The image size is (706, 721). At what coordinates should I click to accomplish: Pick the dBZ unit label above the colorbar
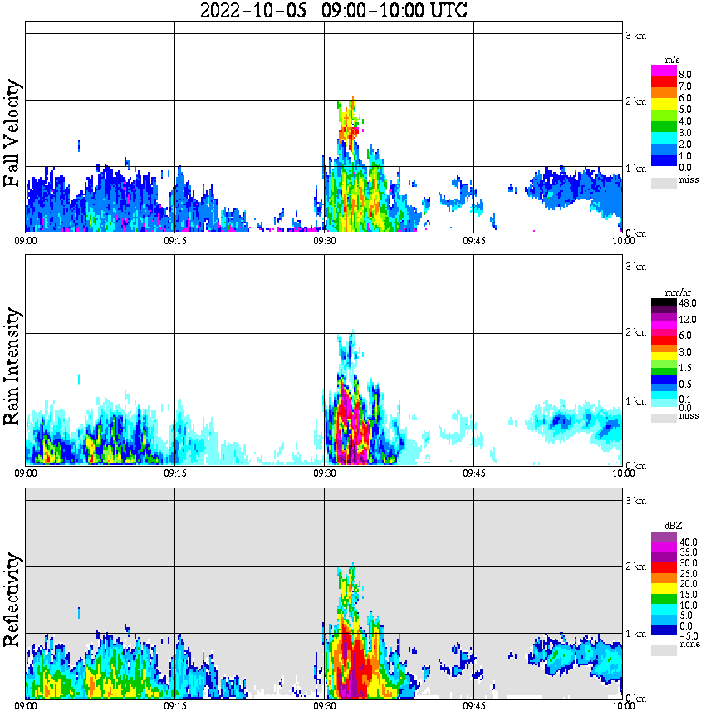[x=672, y=526]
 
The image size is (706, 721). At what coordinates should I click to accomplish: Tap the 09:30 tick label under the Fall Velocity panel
[x=324, y=241]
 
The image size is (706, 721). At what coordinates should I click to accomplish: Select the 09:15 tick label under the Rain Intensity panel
[x=174, y=473]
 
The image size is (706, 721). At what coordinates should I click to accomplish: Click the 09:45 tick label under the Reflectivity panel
[x=473, y=706]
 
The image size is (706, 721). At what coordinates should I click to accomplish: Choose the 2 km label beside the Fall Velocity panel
[x=635, y=101]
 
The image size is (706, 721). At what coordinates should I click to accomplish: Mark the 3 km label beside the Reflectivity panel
[x=635, y=500]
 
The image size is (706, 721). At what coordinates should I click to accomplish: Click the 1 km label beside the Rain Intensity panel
[x=635, y=401]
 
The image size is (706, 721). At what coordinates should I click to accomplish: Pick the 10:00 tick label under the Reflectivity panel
[x=623, y=706]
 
